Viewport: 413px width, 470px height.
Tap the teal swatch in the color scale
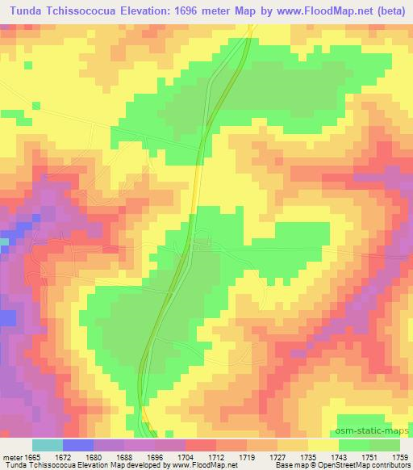click(47, 444)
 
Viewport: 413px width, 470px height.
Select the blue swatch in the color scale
click(77, 444)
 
